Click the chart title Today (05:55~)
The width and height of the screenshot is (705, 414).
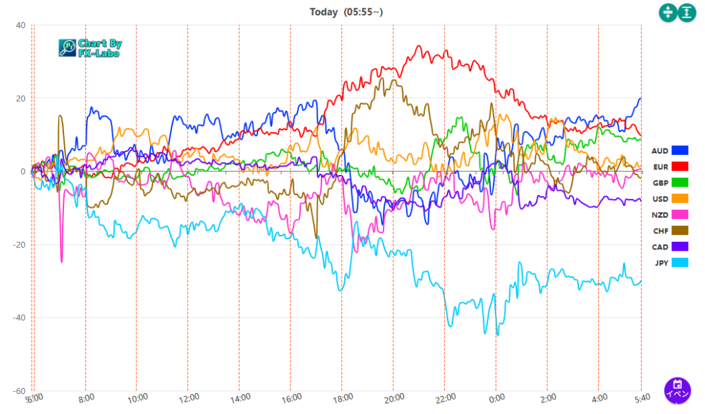pos(344,12)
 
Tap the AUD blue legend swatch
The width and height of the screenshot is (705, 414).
pos(680,150)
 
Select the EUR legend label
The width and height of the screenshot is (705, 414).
pos(660,167)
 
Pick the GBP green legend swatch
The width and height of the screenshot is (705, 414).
pos(680,183)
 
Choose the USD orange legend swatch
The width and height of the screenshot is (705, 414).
pos(680,198)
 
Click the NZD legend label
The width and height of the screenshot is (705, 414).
pos(660,214)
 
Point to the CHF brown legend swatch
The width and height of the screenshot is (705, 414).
pos(680,230)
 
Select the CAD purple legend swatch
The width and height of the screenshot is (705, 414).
pos(680,246)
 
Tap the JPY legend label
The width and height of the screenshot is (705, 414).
pos(660,262)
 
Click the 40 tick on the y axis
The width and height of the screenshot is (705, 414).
pos(21,25)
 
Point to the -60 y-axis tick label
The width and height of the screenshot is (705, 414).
pos(19,391)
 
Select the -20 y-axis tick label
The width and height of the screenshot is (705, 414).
pos(19,245)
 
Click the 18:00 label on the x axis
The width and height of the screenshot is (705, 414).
pos(343,397)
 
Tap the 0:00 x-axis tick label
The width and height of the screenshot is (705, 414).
pos(497,397)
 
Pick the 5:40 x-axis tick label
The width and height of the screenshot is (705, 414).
pos(640,397)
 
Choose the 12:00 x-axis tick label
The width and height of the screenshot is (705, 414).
pos(189,397)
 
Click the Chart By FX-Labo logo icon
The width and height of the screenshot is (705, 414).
pos(67,47)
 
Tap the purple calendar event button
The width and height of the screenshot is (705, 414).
pos(677,389)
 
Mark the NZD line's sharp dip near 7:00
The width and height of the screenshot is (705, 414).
pos(61,261)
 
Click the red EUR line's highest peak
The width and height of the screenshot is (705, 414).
pos(419,46)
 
